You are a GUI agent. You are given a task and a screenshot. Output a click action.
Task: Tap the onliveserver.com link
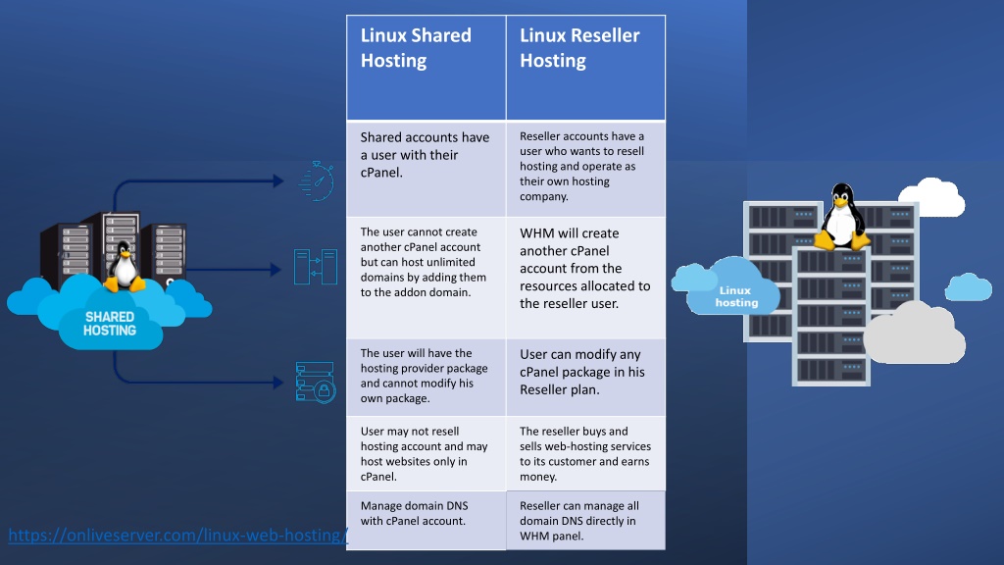point(178,535)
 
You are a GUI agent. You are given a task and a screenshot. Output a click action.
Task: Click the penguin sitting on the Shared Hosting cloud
point(124,267)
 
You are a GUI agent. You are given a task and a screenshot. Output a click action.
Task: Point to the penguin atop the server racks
point(841,217)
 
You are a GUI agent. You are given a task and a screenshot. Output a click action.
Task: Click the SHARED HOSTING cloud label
point(110,324)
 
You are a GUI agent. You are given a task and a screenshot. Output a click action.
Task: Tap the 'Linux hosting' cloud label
point(735,296)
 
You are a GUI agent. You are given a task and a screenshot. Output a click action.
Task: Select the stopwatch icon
point(317,181)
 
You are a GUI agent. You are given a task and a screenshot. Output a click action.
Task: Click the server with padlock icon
point(316,383)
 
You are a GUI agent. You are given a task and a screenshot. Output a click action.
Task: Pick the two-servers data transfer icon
point(316,267)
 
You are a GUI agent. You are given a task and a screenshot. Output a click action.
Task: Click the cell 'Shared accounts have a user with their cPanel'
point(426,169)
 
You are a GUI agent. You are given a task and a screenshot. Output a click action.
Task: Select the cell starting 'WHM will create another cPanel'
point(586,278)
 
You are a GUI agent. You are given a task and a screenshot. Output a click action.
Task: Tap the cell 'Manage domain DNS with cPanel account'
point(426,520)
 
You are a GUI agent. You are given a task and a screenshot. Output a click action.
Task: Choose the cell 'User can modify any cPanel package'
point(586,378)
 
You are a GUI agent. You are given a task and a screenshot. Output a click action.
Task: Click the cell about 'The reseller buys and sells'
point(586,453)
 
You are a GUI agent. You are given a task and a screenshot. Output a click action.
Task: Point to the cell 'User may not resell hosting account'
point(426,453)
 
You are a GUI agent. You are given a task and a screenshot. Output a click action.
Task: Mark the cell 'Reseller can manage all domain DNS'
point(586,520)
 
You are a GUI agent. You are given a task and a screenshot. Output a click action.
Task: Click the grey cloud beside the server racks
point(914,334)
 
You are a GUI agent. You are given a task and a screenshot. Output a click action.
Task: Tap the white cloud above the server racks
point(932,197)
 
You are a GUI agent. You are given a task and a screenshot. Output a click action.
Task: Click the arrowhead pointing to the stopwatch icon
point(278,181)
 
